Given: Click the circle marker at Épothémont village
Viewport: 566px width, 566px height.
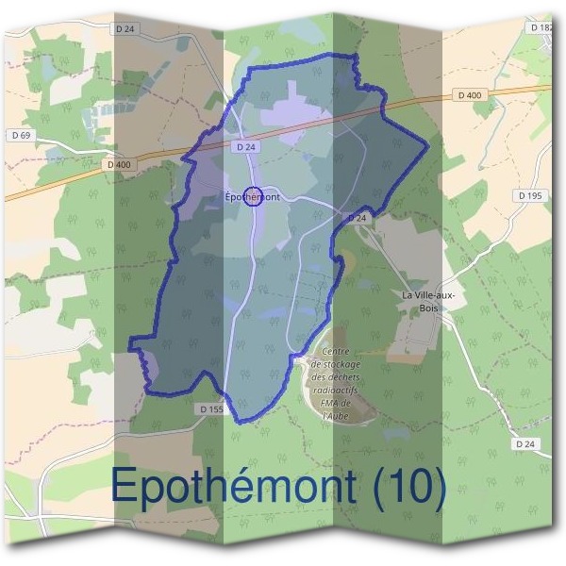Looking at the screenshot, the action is click(252, 196).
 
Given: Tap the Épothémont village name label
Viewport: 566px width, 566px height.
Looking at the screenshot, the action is click(253, 197).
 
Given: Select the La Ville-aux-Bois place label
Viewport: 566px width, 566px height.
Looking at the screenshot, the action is click(428, 294).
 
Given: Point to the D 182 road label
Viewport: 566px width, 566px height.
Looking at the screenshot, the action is click(541, 28).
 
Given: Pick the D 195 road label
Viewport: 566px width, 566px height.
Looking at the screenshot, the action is click(531, 195).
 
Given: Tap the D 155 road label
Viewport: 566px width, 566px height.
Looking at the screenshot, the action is click(211, 409).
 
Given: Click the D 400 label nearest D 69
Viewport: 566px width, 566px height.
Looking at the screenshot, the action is click(120, 165).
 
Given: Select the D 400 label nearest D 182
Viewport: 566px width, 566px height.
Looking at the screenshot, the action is click(468, 95).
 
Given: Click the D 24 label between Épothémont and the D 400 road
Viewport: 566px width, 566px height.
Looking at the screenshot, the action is click(246, 147).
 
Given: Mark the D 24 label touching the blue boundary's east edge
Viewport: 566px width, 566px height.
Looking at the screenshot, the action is click(357, 218).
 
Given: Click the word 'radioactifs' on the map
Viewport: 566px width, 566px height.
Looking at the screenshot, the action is click(336, 383).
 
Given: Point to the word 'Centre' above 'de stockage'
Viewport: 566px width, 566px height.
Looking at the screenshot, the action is click(335, 352).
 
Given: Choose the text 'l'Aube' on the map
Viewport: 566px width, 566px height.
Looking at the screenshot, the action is click(336, 414).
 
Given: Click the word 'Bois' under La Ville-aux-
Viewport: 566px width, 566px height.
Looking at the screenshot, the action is click(429, 306).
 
